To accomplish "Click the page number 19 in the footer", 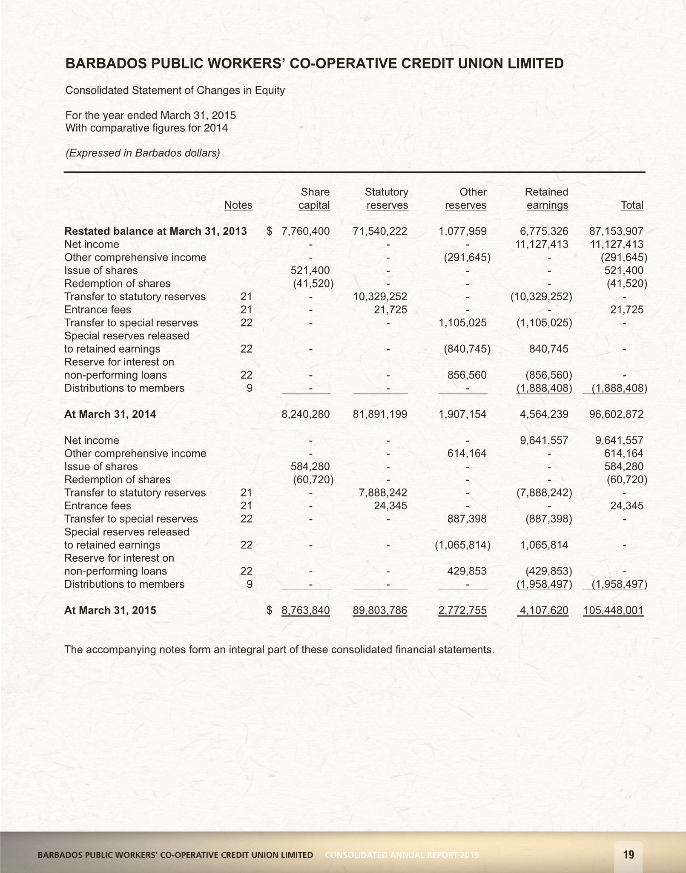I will pyautogui.click(x=629, y=854).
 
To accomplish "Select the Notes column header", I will pyautogui.click(x=238, y=205).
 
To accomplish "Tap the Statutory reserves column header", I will pyautogui.click(x=387, y=199).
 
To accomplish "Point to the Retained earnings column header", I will pyautogui.click(x=547, y=199).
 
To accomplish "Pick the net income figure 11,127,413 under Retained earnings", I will pyautogui.click(x=539, y=244).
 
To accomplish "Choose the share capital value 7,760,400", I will pyautogui.click(x=305, y=231).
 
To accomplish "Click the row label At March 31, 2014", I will pyautogui.click(x=110, y=414).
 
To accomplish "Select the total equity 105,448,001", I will pyautogui.click(x=613, y=610).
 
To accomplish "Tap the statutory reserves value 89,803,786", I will pyautogui.click(x=380, y=610).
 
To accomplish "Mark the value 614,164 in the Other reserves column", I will pyautogui.click(x=467, y=454).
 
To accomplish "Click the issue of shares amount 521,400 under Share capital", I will pyautogui.click(x=310, y=270).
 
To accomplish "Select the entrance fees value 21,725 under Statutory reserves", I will pyautogui.click(x=390, y=310).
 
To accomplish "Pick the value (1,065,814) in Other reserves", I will pyautogui.click(x=462, y=545).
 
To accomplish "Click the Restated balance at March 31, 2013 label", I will pyautogui.click(x=155, y=231).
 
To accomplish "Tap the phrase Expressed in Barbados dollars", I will pyautogui.click(x=143, y=153).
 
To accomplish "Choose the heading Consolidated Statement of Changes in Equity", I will pyautogui.click(x=175, y=91).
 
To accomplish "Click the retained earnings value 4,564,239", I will pyautogui.click(x=544, y=414).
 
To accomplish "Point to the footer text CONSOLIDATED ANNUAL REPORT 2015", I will pyautogui.click(x=402, y=855).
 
